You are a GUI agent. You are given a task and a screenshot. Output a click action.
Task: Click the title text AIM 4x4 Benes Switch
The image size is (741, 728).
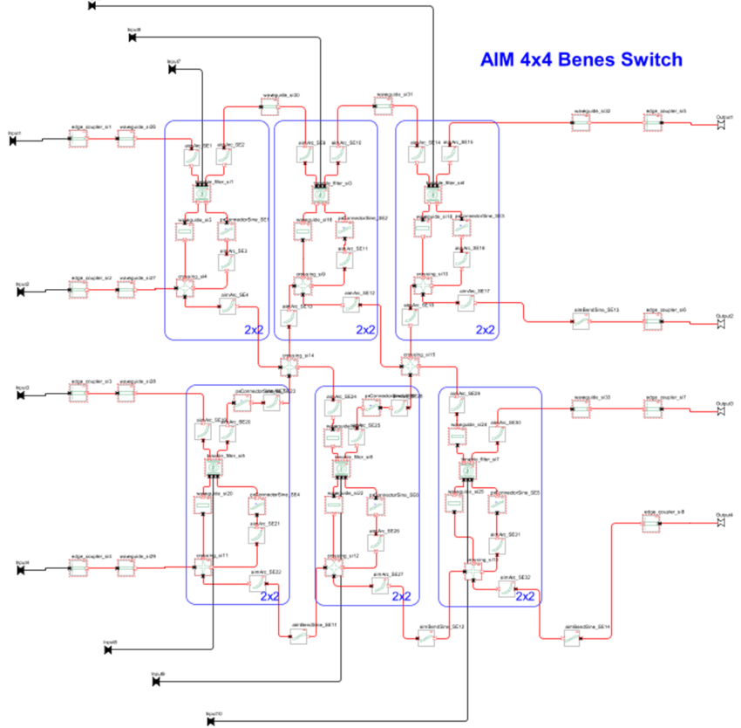(581, 60)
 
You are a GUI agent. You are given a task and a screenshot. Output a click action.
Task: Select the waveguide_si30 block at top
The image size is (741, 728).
(269, 106)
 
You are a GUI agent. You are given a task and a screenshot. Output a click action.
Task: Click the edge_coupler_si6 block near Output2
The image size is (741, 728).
(655, 322)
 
